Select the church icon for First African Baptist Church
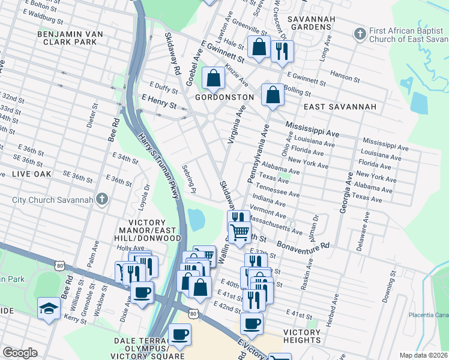coord(360,32)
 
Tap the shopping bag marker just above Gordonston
coord(213,77)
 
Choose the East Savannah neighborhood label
coord(339,107)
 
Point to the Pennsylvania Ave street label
coord(257,157)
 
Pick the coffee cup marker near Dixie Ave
coord(142,292)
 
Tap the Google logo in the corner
coord(20,353)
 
